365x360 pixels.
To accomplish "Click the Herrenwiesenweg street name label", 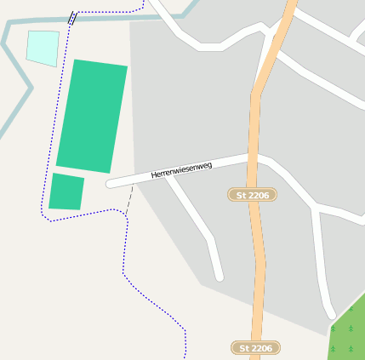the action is click(x=181, y=169).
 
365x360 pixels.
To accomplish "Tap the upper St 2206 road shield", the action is click(x=254, y=195).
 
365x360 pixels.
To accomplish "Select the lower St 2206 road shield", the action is click(x=255, y=348).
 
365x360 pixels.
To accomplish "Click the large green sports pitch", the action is click(x=92, y=117).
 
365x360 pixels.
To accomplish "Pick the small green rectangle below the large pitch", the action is click(x=66, y=191).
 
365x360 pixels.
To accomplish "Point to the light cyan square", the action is click(x=43, y=48).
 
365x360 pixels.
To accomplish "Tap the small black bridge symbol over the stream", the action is click(x=72, y=17).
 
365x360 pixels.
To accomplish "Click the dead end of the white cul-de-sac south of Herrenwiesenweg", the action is click(x=219, y=276).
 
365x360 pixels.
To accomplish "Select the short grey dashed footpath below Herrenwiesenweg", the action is click(x=129, y=198).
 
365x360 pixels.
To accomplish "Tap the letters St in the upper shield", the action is click(x=242, y=195).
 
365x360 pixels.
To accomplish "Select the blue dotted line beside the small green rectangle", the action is click(x=44, y=191).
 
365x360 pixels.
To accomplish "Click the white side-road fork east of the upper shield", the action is click(x=315, y=208).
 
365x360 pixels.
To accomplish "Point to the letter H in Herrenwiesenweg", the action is click(x=154, y=175).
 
